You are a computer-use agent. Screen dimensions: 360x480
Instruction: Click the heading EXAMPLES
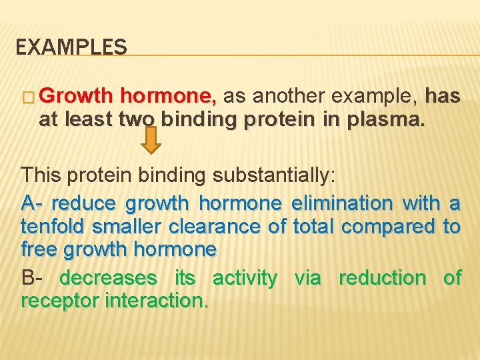[x=71, y=47]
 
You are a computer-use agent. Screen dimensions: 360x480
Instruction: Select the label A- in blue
[x=33, y=202]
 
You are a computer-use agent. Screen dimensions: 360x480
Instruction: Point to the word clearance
[x=214, y=226]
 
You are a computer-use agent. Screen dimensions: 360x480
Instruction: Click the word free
[x=39, y=250]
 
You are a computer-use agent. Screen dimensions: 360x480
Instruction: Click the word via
[x=307, y=277]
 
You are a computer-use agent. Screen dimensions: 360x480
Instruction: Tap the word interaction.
[x=155, y=301]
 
